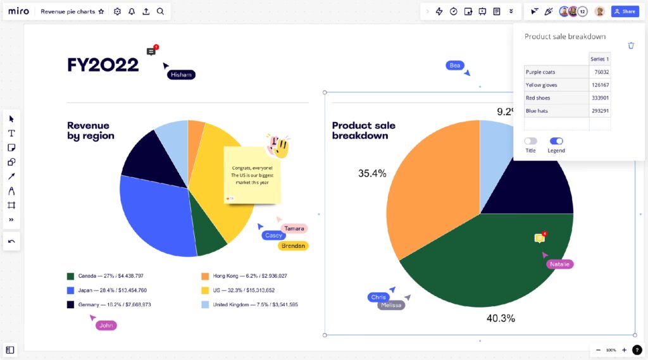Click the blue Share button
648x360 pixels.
(625, 11)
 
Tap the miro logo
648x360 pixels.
(19, 11)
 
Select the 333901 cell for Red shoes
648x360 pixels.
(599, 98)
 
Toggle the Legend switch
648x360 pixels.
(556, 141)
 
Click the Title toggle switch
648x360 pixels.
(530, 141)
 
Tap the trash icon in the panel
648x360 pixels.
(631, 46)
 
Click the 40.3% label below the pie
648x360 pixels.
(500, 318)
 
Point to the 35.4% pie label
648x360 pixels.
(372, 173)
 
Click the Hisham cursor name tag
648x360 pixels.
(181, 75)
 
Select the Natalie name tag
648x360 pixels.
(559, 264)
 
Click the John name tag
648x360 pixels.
(106, 325)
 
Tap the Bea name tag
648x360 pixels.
(455, 65)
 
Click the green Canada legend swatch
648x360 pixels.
(71, 276)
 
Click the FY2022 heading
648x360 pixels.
(103, 65)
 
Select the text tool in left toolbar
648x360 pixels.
(11, 133)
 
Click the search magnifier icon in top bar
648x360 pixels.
(160, 11)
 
